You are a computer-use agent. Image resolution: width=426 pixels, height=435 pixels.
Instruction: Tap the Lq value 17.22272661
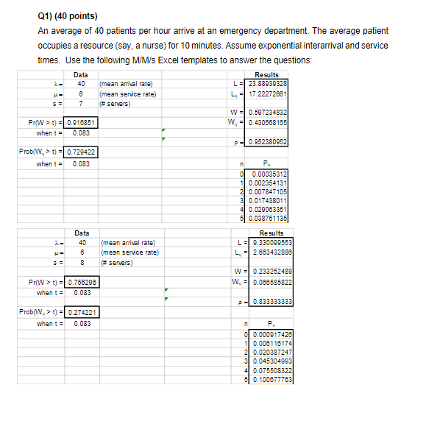(x=269, y=94)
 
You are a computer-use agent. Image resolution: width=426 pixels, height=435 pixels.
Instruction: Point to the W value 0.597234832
(x=269, y=112)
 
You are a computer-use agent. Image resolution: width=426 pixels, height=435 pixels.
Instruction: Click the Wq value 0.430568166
(x=269, y=121)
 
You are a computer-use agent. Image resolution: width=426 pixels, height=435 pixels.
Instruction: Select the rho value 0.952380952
(x=269, y=140)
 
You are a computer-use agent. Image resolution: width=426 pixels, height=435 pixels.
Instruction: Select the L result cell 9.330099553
(x=269, y=243)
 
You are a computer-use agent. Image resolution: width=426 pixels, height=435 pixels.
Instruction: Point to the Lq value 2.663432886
(x=269, y=252)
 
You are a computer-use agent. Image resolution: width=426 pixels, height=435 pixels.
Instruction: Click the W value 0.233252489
(x=269, y=271)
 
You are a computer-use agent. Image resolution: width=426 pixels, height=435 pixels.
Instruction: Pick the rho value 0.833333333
(x=269, y=301)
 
